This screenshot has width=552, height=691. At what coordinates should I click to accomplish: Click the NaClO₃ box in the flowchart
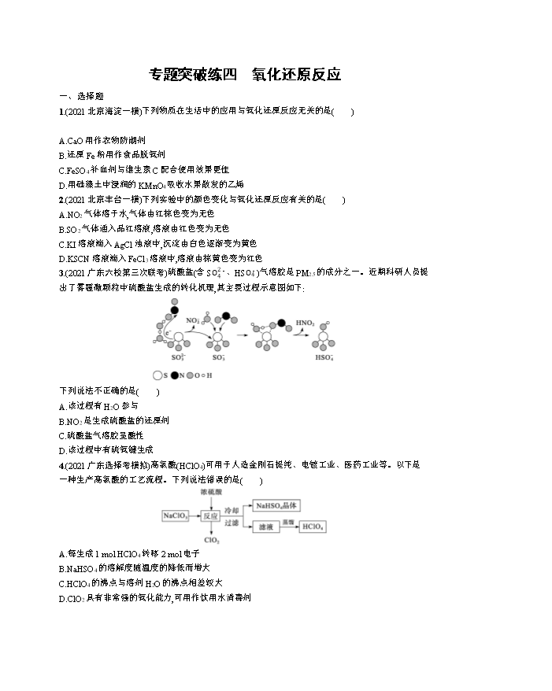pos(176,515)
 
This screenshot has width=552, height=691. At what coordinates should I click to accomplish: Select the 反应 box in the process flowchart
pos(209,516)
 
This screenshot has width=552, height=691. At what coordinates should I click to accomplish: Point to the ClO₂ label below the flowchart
pos(210,541)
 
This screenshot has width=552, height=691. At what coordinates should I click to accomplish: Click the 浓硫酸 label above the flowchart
pos(209,491)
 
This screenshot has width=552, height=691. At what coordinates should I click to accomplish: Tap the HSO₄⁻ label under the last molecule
pos(323,357)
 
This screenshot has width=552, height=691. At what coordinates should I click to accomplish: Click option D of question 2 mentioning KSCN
pos(161,258)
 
